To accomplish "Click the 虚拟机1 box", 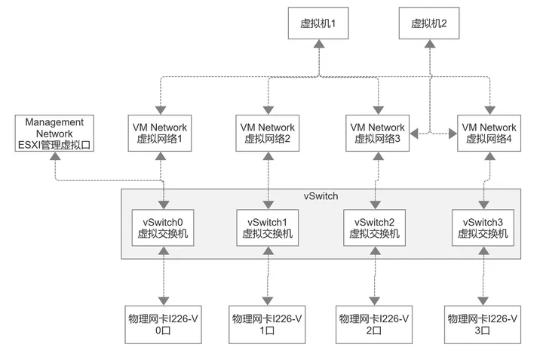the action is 318,23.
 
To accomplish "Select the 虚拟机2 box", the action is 429,23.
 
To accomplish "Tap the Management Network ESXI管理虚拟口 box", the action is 54,134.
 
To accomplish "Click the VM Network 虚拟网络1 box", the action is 160,134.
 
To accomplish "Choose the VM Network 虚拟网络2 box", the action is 267,134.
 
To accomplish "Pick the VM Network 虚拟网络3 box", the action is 378,134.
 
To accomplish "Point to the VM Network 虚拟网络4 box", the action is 489,134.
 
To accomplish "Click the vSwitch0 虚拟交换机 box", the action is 163,228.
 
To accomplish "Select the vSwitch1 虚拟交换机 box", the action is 267,228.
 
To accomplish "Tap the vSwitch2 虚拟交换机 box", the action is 374,228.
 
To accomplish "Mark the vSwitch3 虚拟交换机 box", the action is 483,228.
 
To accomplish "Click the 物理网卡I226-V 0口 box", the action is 163,325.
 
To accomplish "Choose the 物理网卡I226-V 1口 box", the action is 267,325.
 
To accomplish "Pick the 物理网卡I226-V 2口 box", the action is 374,325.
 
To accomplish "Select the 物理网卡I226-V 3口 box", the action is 483,325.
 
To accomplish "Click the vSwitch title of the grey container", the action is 321,196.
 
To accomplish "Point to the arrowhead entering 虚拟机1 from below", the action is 319,44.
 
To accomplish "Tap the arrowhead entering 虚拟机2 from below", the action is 430,44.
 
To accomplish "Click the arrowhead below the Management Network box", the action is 55,156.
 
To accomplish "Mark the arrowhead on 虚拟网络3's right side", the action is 414,134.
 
